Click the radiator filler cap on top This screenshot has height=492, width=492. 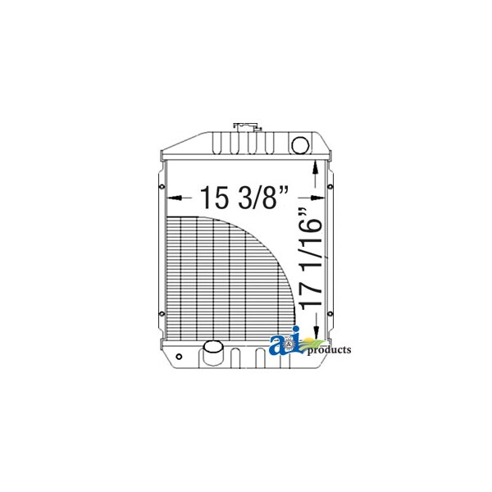point(248,127)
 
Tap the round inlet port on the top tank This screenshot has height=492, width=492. point(300,144)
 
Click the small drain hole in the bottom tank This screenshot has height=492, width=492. point(179,357)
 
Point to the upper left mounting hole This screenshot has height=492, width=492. point(162,187)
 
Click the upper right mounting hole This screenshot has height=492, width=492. point(330,187)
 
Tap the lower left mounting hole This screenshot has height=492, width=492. point(162,313)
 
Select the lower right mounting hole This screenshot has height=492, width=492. point(330,313)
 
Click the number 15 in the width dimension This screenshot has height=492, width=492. point(214,198)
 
